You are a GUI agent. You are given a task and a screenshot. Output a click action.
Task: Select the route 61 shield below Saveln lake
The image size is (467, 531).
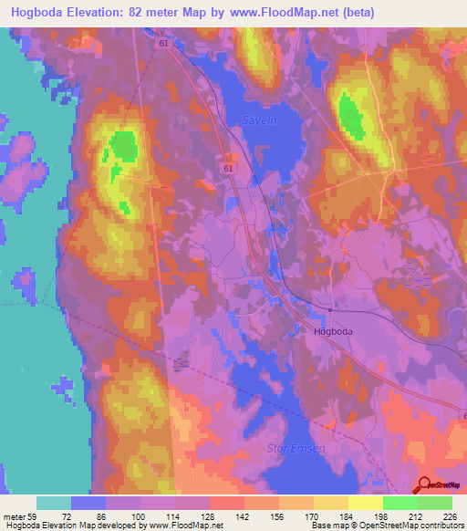[227, 168]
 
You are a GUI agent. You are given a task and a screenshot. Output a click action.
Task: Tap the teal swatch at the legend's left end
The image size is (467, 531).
[54, 503]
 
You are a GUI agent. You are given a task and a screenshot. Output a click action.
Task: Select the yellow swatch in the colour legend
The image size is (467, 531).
[365, 503]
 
